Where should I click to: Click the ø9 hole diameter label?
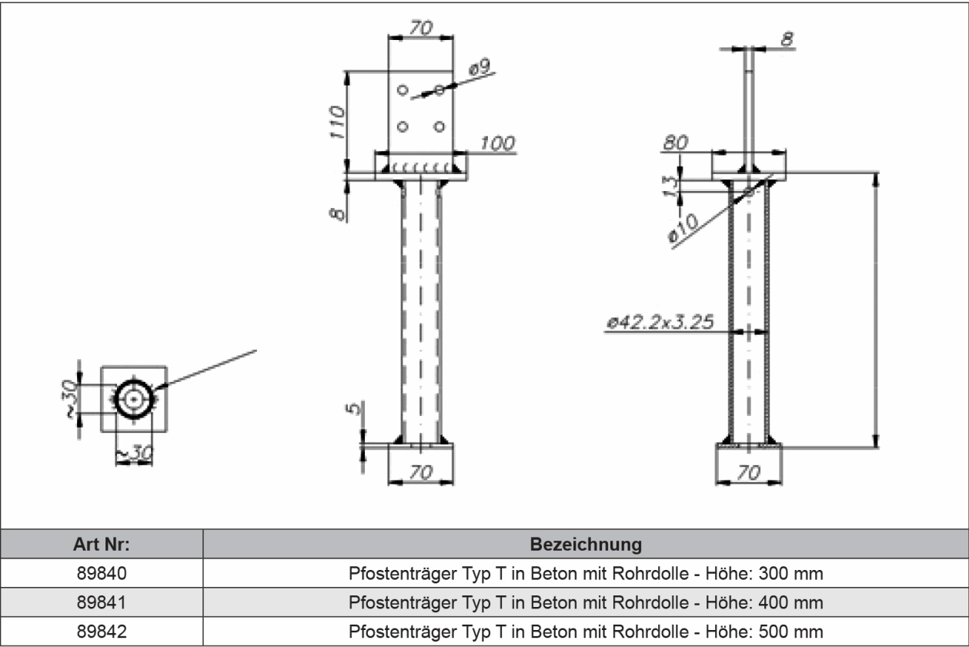[x=479, y=69]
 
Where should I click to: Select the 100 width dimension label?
[x=497, y=143]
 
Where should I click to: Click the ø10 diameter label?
[x=683, y=230]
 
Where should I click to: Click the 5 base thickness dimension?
[x=353, y=408]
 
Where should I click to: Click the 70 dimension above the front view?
[x=420, y=28]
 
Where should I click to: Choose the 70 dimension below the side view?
[x=748, y=473]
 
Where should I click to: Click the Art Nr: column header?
[x=102, y=545]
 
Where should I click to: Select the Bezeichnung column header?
[x=586, y=545]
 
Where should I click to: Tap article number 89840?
[x=102, y=574]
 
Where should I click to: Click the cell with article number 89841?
[x=102, y=602]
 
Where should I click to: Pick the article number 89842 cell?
[x=102, y=631]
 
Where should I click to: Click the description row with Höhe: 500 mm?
[x=586, y=631]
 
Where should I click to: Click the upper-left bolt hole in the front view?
[x=402, y=90]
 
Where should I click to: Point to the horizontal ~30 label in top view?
[x=134, y=454]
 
